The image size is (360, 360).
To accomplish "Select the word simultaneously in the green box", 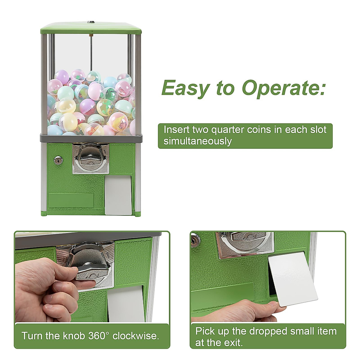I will pos(197,141).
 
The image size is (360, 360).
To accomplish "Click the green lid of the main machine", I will pos(91,28).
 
